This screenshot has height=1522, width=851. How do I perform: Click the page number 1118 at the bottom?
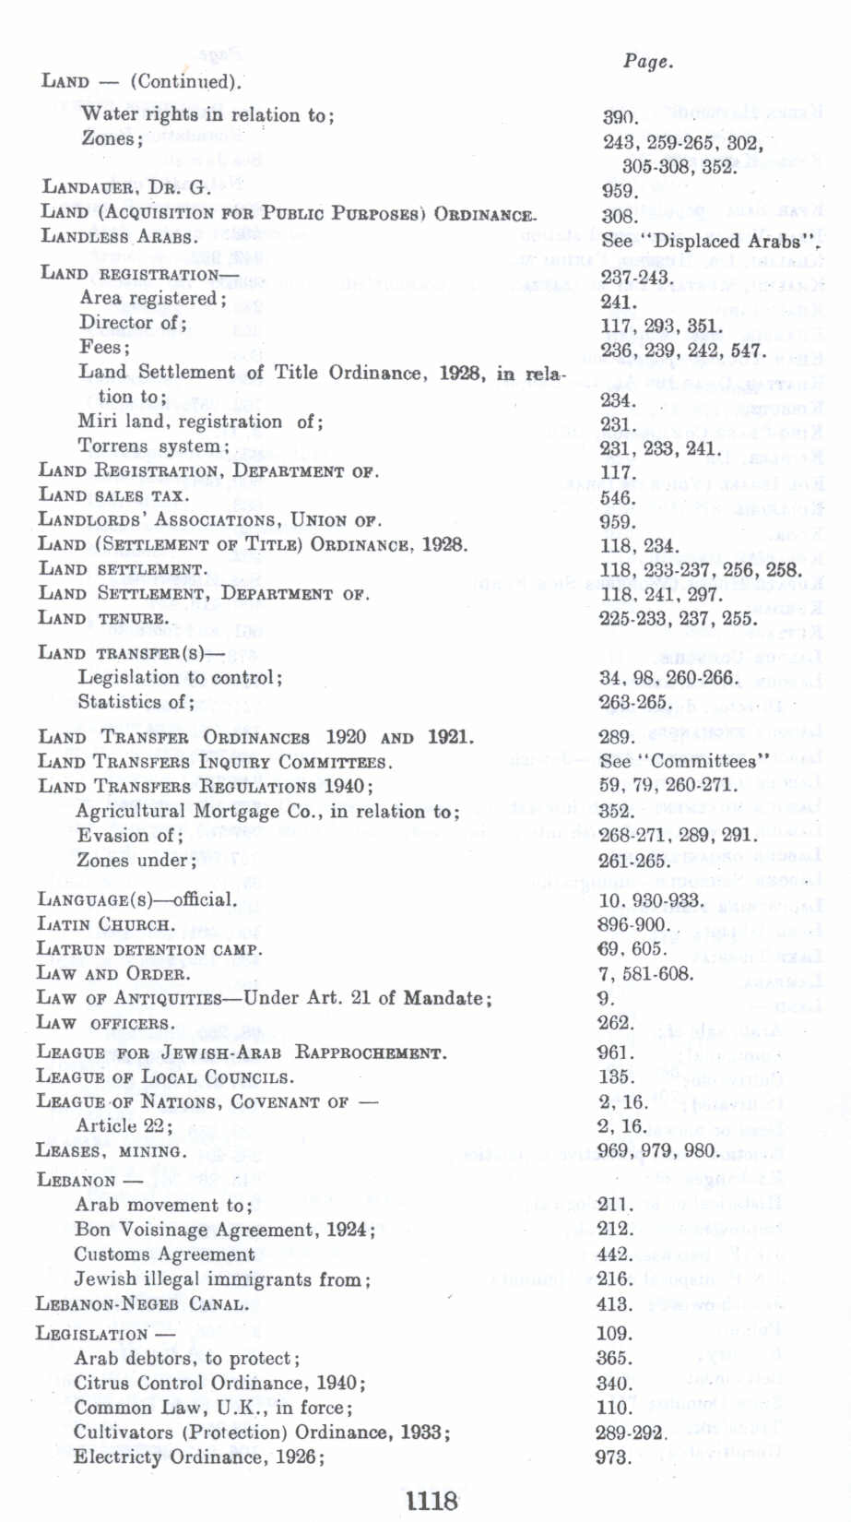pos(431,1501)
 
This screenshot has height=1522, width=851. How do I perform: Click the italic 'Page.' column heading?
pos(647,62)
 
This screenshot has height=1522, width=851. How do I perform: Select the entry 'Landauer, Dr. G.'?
pos(126,188)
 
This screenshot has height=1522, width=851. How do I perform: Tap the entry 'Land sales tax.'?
pos(113,495)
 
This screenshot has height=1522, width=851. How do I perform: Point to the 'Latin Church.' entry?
pos(104,924)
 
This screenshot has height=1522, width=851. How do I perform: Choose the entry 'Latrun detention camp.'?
pos(148,949)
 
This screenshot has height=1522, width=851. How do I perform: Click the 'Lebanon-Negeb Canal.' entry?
pos(142,1304)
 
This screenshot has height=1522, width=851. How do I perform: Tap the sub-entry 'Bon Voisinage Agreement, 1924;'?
pos(225,1230)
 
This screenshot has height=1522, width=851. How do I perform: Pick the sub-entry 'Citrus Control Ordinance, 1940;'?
pos(219,1383)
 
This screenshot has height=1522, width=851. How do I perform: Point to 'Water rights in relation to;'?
pos(207,115)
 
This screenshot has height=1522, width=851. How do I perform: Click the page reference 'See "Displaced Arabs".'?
pos(709,241)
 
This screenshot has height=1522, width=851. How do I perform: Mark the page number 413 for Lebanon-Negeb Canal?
pos(615,1304)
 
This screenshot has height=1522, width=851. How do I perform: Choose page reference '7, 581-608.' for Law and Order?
pos(644,974)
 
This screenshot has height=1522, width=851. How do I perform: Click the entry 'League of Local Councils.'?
pos(165,1077)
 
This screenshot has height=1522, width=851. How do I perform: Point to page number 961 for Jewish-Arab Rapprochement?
pos(615,1052)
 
